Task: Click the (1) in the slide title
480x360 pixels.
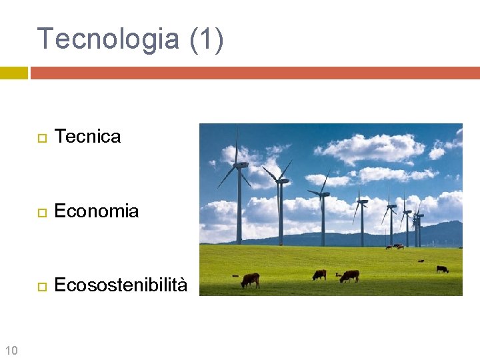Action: [207, 39]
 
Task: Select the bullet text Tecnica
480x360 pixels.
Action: [87, 137]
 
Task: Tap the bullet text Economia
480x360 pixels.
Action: [96, 211]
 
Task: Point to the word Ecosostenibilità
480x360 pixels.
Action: [121, 285]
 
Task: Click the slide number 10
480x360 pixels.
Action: [11, 350]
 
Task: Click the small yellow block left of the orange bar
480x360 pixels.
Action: [13, 73]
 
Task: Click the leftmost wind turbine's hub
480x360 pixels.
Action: [239, 163]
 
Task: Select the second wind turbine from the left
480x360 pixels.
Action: [281, 200]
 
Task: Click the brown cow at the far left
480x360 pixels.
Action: [250, 280]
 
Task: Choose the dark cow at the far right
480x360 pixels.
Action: [442, 269]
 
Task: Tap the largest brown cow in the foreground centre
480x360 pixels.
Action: [349, 275]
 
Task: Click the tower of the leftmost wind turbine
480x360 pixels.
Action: [239, 207]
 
